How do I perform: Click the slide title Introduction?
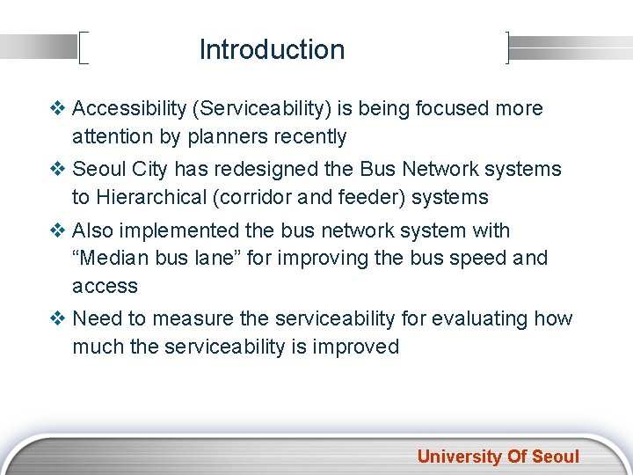(272, 49)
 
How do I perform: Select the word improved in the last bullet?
(359, 347)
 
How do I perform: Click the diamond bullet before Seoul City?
(60, 169)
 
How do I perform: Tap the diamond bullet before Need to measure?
(60, 318)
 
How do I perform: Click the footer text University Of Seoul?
(498, 457)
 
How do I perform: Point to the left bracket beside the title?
(84, 48)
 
